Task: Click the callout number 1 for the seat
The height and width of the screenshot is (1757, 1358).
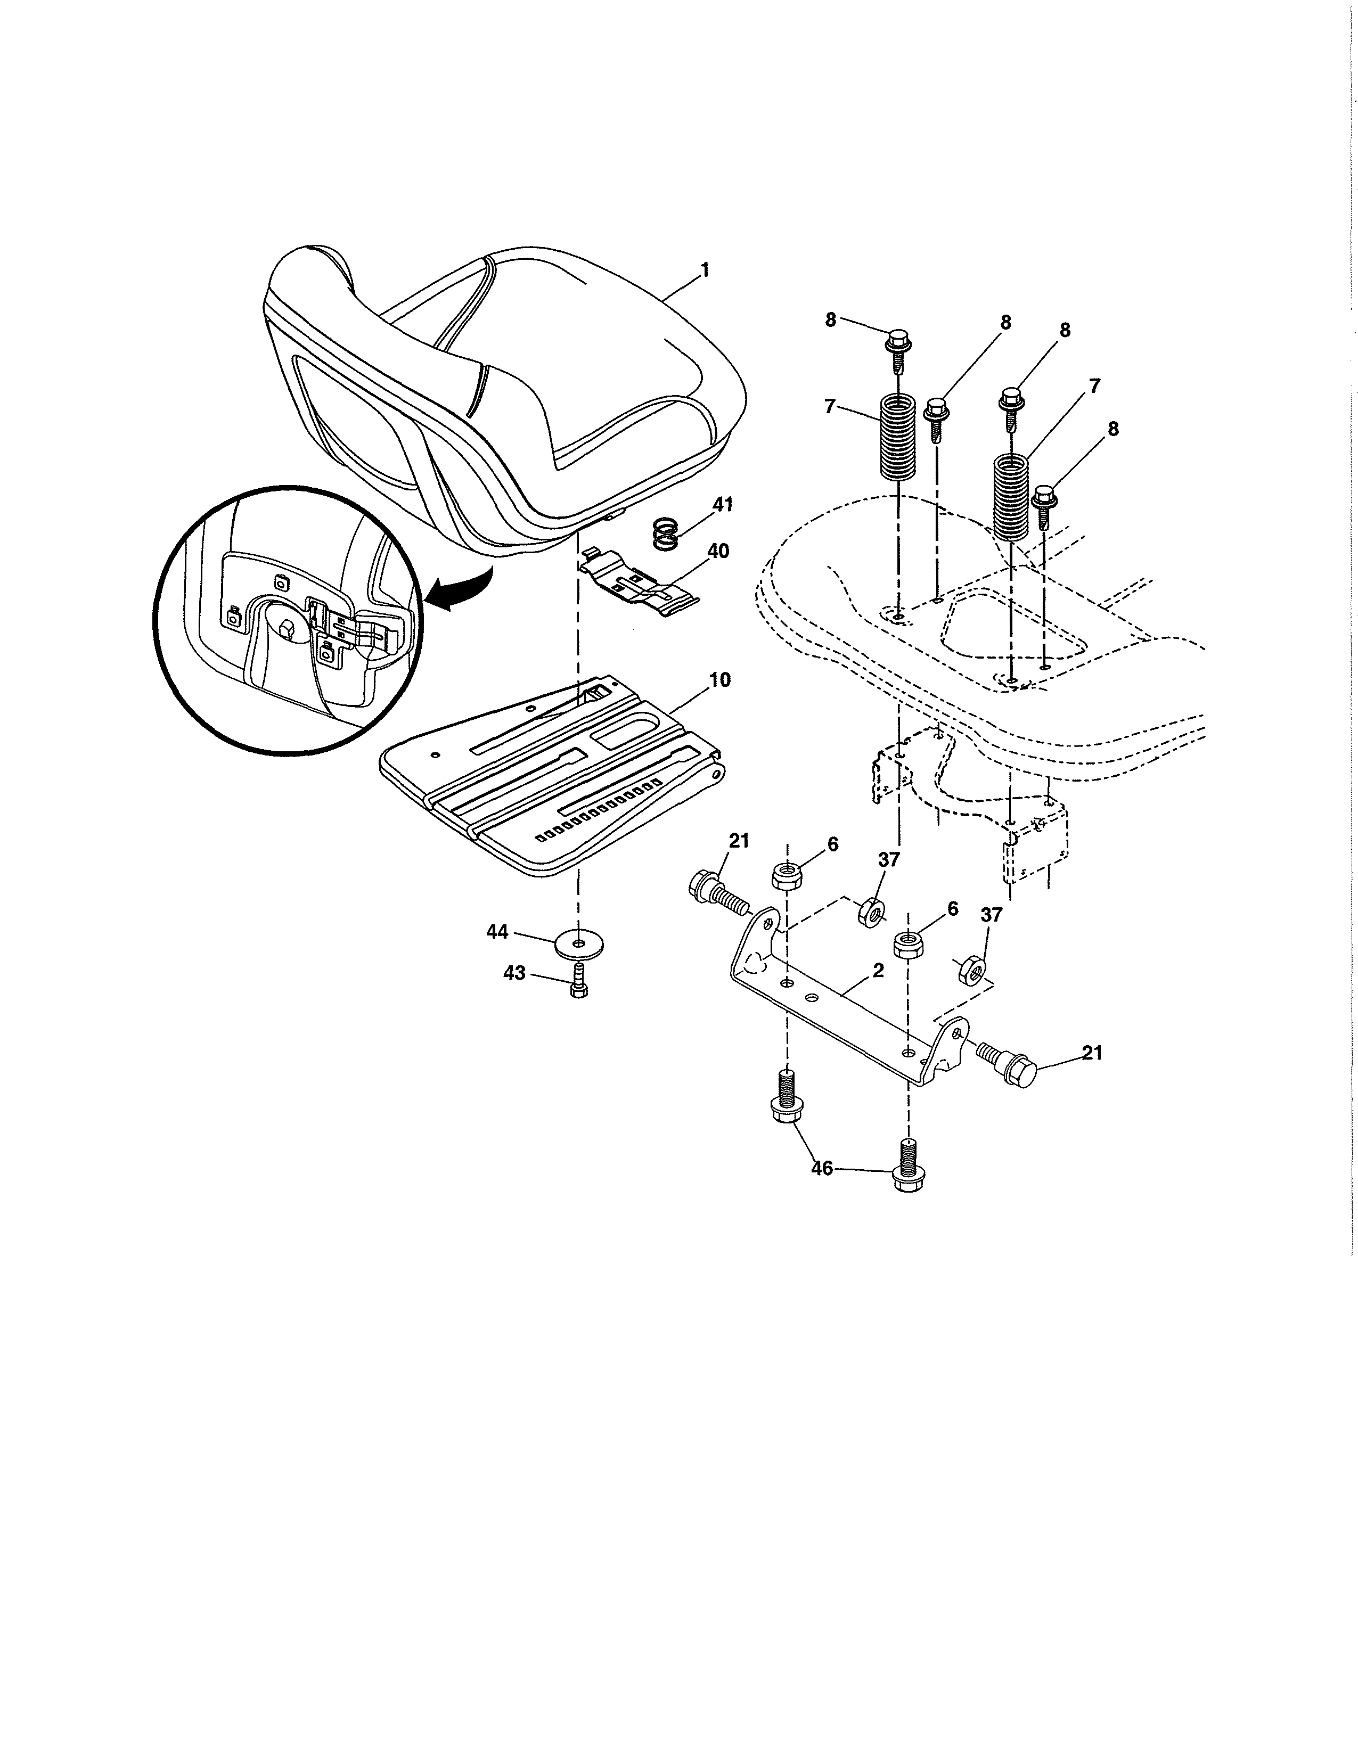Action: click(705, 270)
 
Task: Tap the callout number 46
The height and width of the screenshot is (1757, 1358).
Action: click(821, 1167)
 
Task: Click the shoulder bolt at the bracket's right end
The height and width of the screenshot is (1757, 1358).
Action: click(1009, 1063)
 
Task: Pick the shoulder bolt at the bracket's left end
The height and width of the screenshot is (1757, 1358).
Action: click(714, 890)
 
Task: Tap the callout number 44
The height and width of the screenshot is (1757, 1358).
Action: click(497, 932)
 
